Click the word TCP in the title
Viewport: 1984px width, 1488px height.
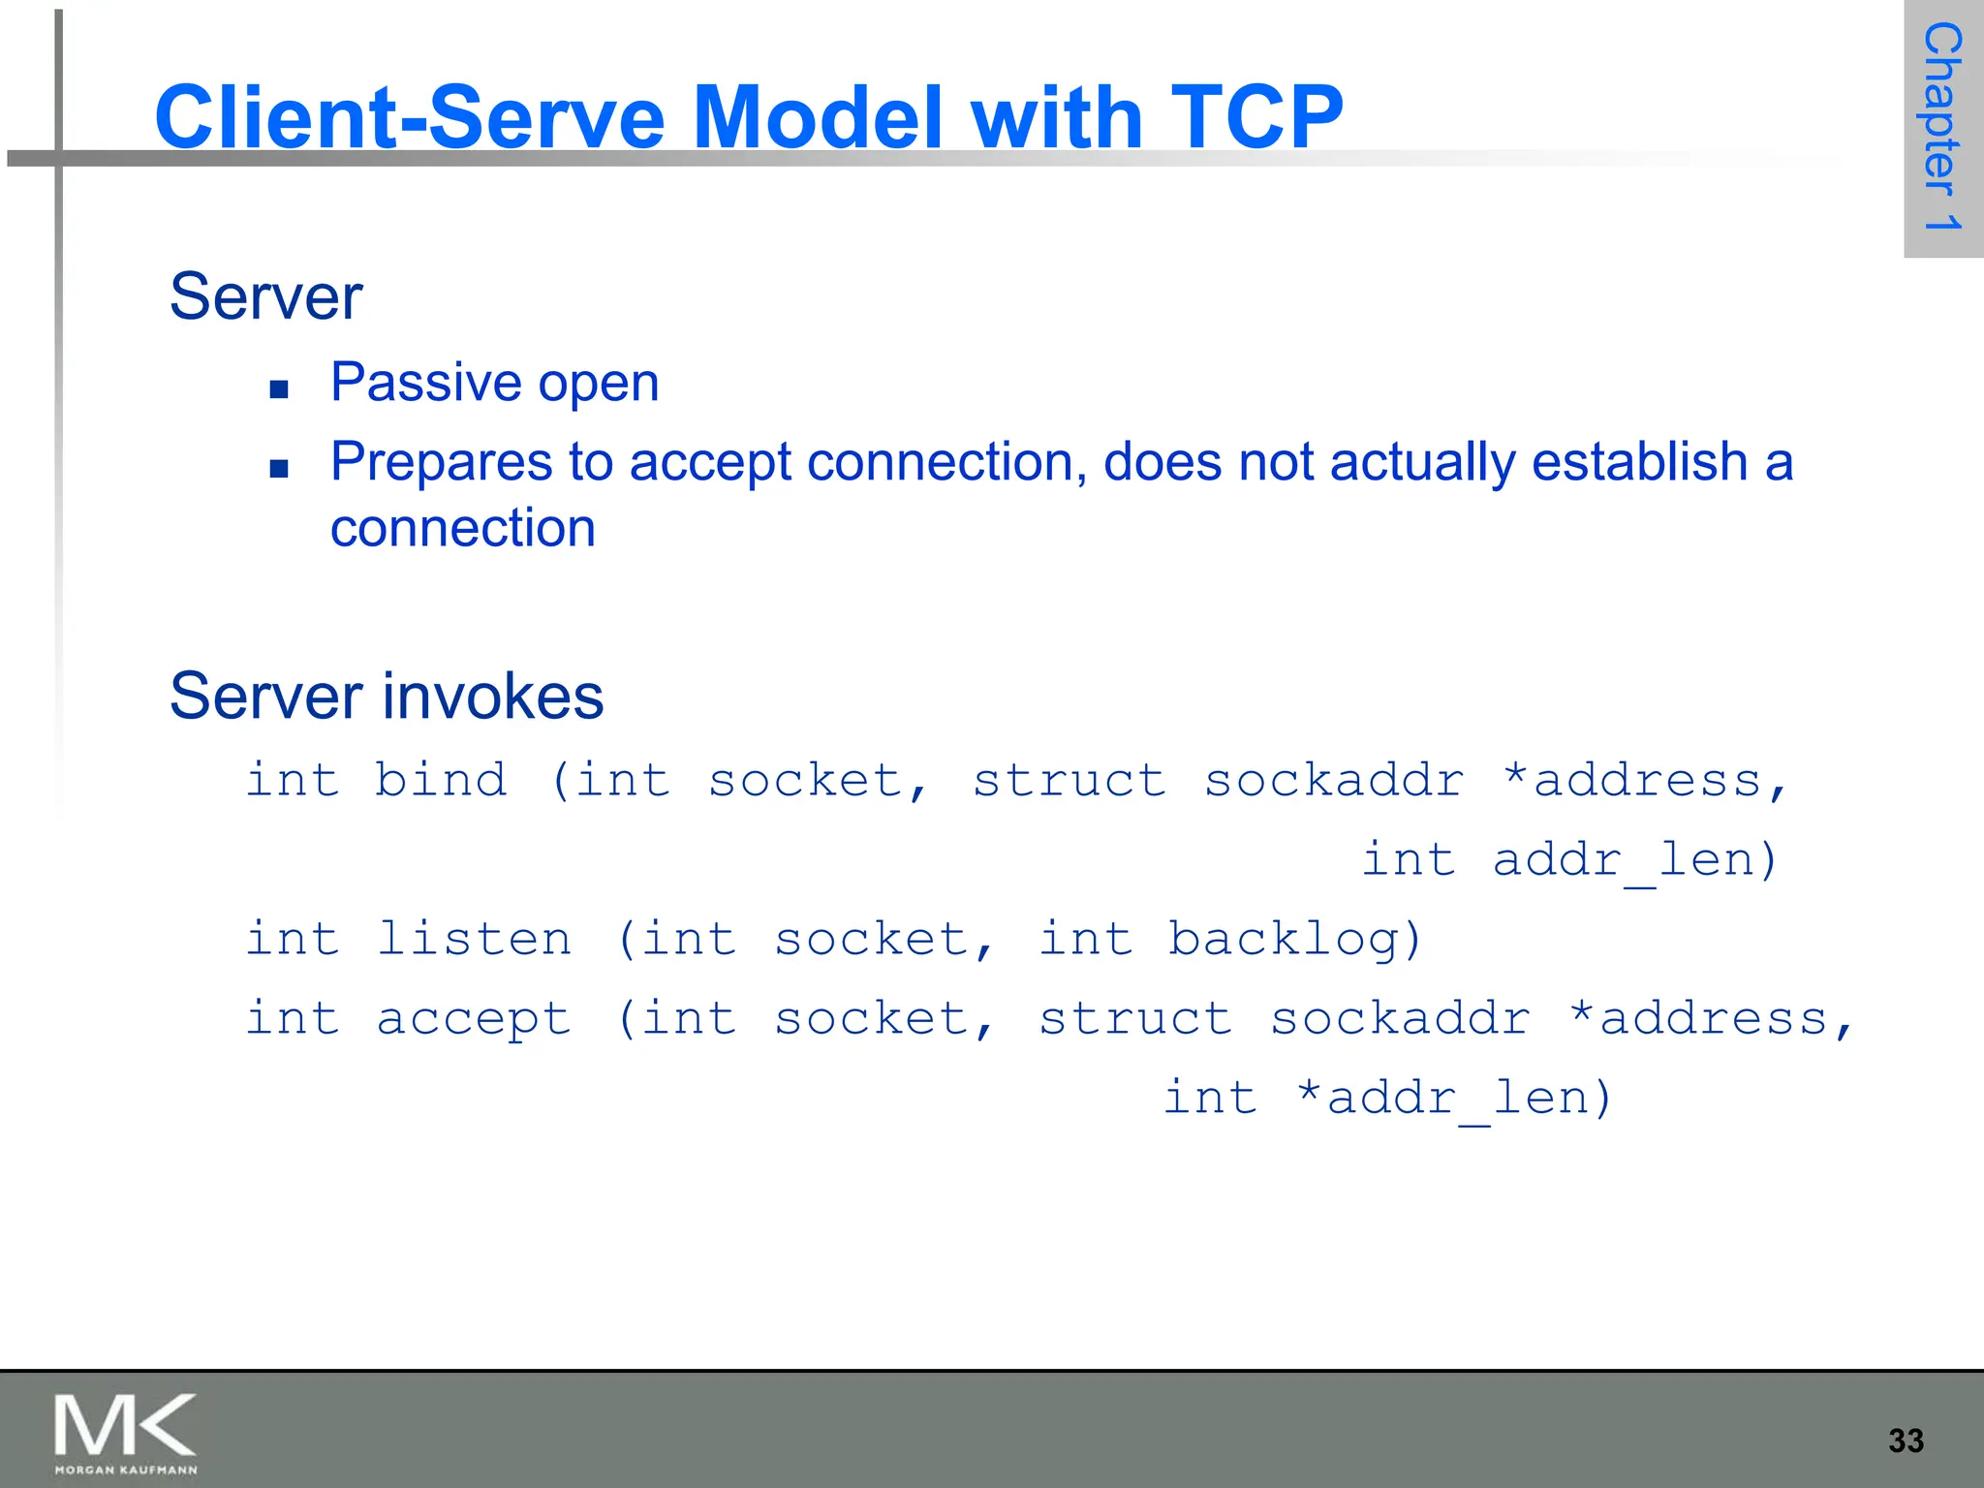[x=1256, y=117]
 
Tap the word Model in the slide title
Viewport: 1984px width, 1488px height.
[x=819, y=117]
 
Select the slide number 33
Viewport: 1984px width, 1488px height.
[x=1906, y=1441]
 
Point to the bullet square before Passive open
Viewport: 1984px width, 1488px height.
[x=280, y=389]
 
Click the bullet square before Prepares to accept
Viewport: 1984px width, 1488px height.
[x=280, y=469]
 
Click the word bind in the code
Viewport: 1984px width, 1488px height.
[x=441, y=780]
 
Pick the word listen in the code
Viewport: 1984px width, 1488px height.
[x=474, y=939]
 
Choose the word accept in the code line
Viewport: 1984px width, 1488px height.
[x=474, y=1019]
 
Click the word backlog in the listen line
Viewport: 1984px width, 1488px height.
[x=1293, y=939]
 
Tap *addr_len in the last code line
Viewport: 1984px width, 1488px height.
[x=1453, y=1099]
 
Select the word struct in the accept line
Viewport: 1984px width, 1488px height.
[x=1134, y=1018]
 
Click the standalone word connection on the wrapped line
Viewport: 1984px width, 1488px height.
[x=462, y=529]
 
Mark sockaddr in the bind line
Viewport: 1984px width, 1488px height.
[x=1333, y=780]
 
